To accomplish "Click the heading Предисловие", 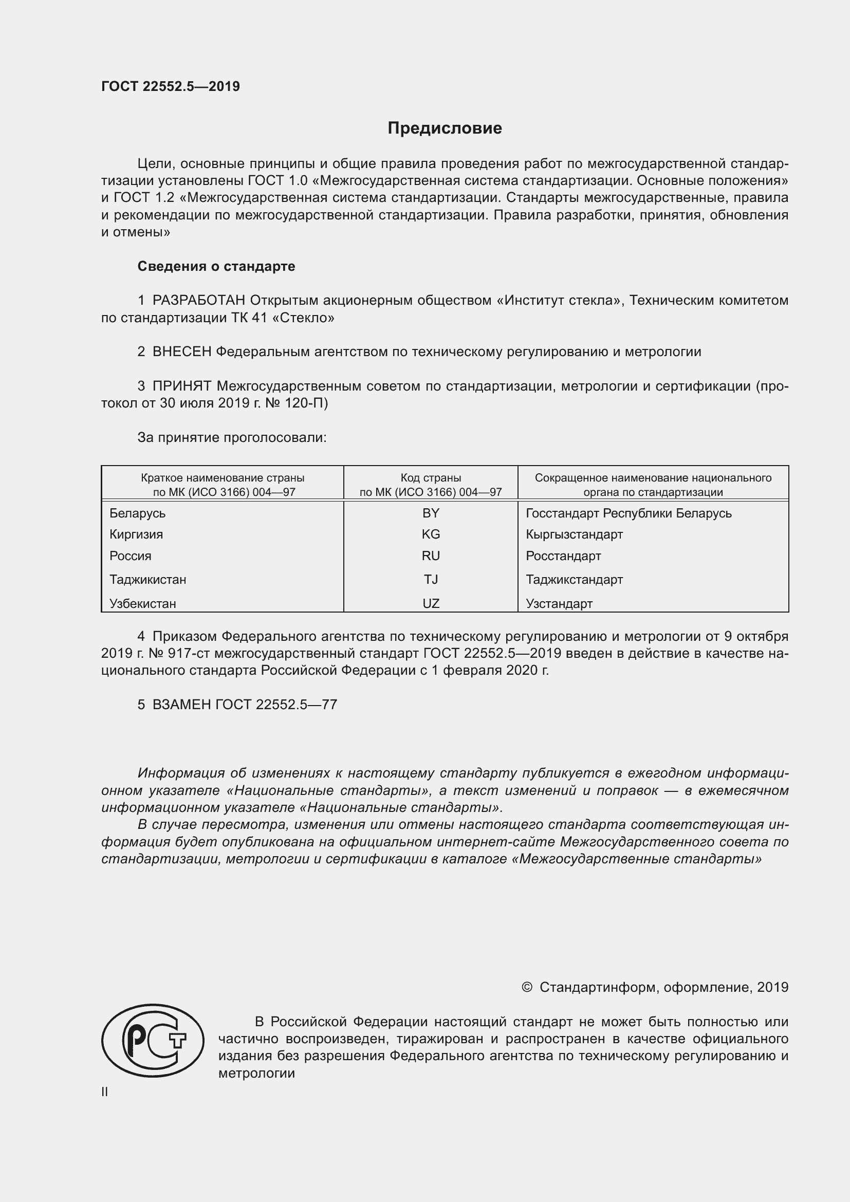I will click(445, 128).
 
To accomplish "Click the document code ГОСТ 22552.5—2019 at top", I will click(171, 86).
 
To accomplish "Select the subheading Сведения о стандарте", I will click(216, 267).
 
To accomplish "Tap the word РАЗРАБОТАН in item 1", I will click(199, 301).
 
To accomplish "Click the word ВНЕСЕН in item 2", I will click(181, 352).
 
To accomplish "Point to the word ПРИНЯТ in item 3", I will click(181, 386).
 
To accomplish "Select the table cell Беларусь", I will click(138, 513).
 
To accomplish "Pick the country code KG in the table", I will click(431, 534).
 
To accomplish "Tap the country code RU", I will click(431, 556).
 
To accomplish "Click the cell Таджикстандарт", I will click(574, 580).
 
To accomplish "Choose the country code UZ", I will click(431, 604).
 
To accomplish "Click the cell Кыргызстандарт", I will click(574, 534).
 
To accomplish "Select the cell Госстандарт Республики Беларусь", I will click(629, 513).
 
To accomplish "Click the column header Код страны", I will click(431, 478).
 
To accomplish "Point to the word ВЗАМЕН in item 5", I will click(181, 705).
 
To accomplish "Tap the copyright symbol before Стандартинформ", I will click(527, 987).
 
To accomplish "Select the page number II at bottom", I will click(105, 1092).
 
